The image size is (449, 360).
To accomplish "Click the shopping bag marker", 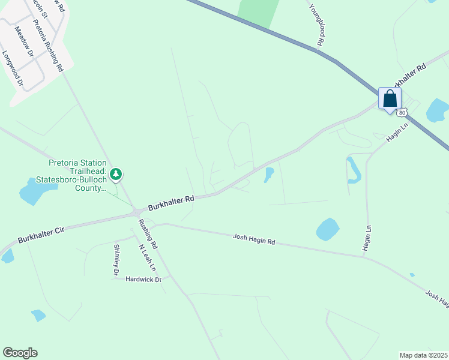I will click(390, 98).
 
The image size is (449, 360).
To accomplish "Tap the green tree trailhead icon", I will click(116, 175).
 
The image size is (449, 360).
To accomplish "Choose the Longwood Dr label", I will click(12, 67).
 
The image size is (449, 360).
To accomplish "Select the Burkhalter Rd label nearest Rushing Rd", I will click(172, 202).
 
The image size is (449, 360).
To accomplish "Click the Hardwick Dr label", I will click(143, 280).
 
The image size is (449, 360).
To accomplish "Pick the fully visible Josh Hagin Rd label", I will click(254, 241).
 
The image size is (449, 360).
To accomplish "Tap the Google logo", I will click(20, 353).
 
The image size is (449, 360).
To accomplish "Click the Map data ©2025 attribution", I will click(423, 355).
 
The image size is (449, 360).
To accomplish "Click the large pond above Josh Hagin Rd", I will click(327, 229).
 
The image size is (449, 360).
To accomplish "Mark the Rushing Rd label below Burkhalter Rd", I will click(148, 234).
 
